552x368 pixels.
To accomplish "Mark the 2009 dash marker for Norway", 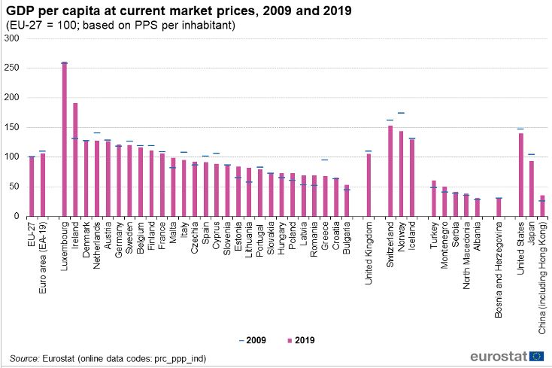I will click(x=401, y=113).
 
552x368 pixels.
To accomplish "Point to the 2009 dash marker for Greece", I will click(x=325, y=160).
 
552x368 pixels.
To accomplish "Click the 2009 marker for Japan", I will click(x=531, y=154).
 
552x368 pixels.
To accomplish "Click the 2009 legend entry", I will click(x=253, y=340).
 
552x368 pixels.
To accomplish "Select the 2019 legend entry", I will click(x=299, y=340).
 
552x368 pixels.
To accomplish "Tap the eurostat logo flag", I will click(x=537, y=356).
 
